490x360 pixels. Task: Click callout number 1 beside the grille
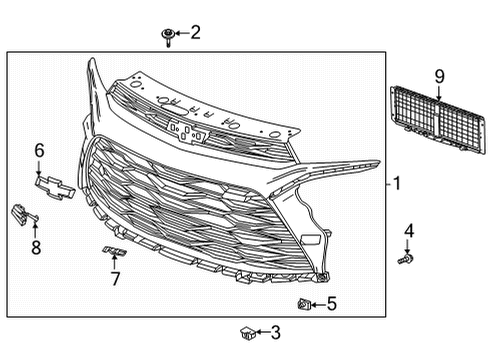(396, 184)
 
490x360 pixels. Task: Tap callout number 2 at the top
(195, 33)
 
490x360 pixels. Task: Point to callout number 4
(408, 232)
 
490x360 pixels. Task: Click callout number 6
(39, 150)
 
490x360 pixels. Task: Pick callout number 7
(115, 279)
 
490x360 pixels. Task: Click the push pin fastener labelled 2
(168, 37)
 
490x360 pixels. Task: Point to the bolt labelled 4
(406, 260)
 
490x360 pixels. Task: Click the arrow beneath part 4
(408, 247)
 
